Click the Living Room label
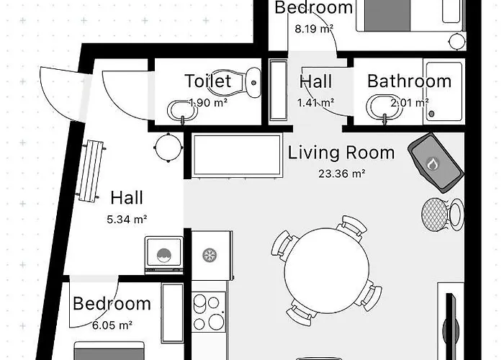[341, 153]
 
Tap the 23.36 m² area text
[342, 174]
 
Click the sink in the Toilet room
[182, 111]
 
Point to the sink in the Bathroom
[384, 108]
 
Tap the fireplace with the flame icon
[436, 163]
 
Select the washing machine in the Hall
[164, 255]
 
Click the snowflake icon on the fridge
[210, 255]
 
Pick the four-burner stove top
[210, 312]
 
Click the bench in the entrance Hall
[91, 171]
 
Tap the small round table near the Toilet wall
[168, 147]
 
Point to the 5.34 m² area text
[127, 220]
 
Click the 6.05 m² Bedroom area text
[112, 325]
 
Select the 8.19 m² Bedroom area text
[314, 29]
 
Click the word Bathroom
[409, 81]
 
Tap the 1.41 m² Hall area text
[315, 103]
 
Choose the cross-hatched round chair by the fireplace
[435, 214]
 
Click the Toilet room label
[207, 81]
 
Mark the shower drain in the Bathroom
[432, 114]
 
